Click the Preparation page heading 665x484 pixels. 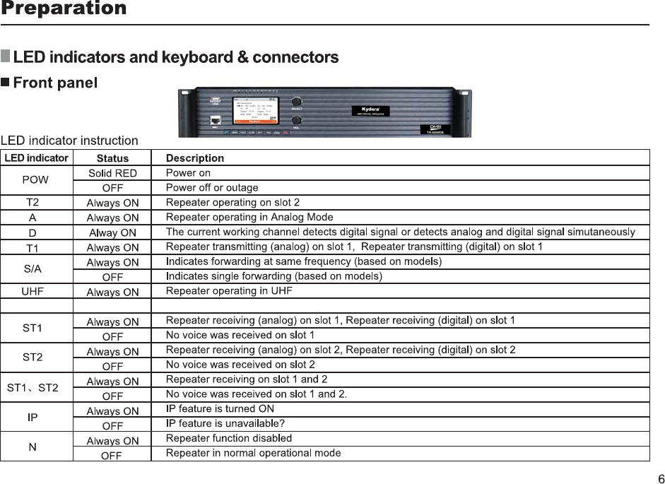tap(64, 9)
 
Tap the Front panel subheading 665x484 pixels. tap(55, 83)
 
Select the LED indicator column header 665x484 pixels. tap(37, 158)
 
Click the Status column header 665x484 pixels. tap(112, 158)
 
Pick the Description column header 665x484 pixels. tap(194, 158)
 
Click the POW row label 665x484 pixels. tap(35, 179)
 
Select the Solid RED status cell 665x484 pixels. tap(112, 173)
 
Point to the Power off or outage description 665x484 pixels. tap(211, 188)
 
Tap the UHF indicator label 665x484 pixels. tap(33, 291)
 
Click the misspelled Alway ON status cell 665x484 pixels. tap(112, 232)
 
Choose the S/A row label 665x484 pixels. tap(33, 269)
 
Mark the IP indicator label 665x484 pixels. tap(33, 418)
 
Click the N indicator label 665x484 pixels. tap(33, 447)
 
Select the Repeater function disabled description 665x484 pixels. tap(228, 438)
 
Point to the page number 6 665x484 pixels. tap(660, 479)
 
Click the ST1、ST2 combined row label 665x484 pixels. tap(33, 388)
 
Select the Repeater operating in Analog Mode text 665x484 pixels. tap(249, 217)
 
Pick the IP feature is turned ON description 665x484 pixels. tap(220, 409)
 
